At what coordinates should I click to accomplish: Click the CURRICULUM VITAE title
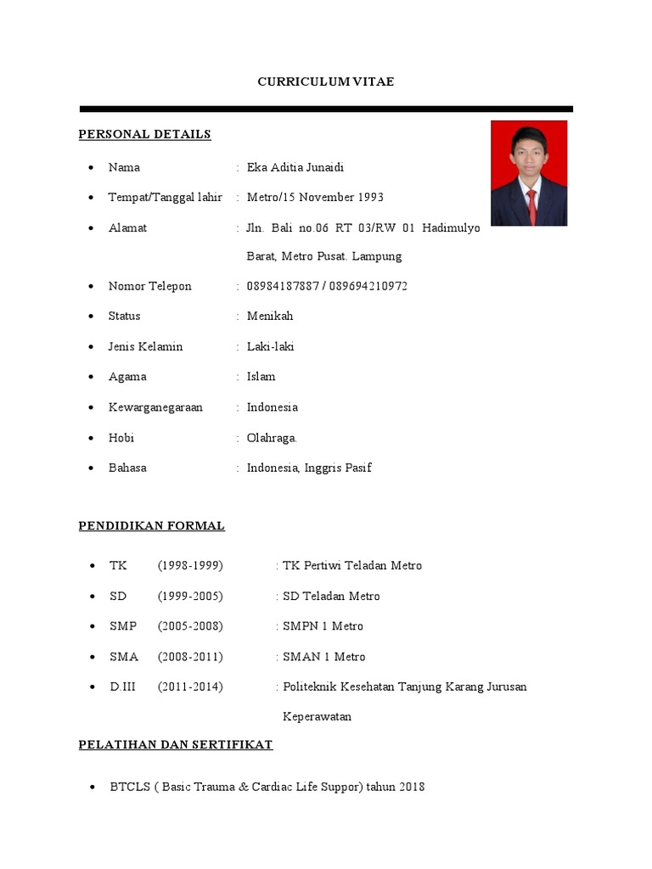[x=326, y=81]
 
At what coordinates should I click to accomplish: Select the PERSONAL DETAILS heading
[x=144, y=134]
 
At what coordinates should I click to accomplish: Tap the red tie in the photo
[x=531, y=204]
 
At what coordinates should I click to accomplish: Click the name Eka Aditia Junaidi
[x=295, y=167]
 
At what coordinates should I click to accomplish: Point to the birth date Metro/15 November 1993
[x=315, y=197]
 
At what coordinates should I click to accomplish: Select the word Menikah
[x=270, y=316]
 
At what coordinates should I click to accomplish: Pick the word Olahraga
[x=272, y=438]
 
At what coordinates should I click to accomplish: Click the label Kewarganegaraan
[x=155, y=407]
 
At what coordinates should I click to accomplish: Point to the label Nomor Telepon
[x=149, y=286]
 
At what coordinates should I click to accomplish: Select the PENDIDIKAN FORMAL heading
[x=151, y=525]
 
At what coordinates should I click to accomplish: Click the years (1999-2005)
[x=190, y=596]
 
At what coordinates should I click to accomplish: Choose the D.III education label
[x=122, y=687]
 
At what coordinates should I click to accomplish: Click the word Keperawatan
[x=317, y=716]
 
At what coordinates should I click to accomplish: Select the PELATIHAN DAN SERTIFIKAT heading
[x=175, y=744]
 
